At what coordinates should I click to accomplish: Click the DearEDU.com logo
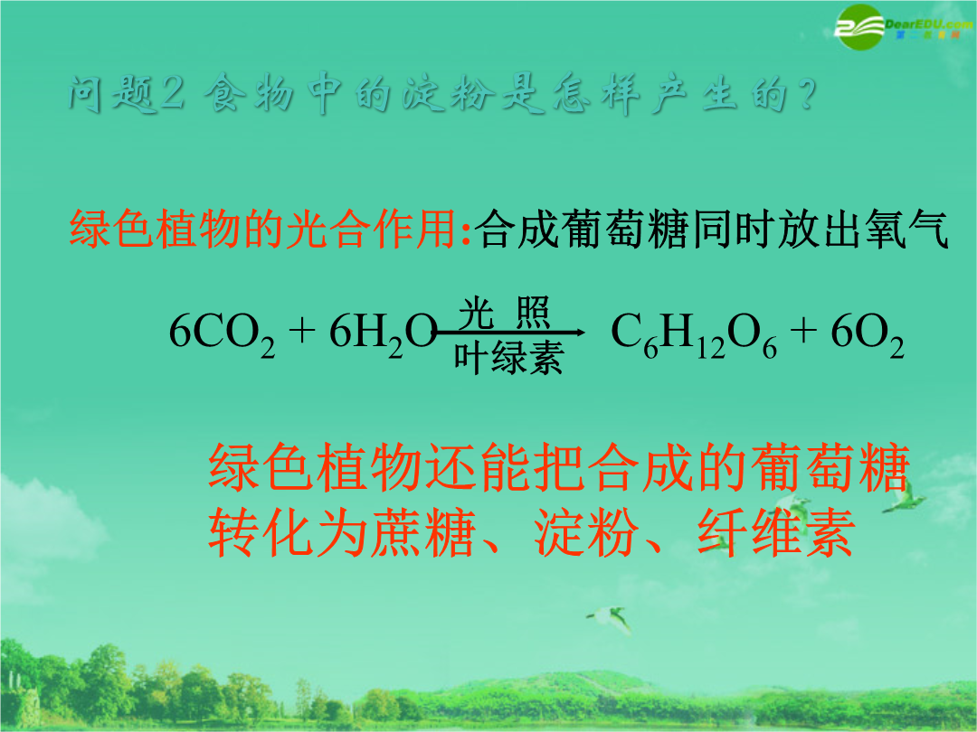pos(904,26)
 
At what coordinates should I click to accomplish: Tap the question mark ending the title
pos(806,95)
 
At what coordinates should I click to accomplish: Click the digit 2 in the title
pos(173,94)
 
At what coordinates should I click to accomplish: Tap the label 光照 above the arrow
pos(504,313)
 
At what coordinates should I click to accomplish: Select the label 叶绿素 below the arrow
pos(508,358)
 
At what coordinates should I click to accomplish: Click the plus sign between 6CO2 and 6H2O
pos(302,331)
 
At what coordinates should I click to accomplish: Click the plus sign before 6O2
pos(804,331)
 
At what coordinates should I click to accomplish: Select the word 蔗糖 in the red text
pos(423,532)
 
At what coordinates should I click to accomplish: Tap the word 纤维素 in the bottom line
pos(776,532)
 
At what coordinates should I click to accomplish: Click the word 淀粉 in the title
pos(449,95)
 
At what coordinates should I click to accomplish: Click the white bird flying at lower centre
pos(610,619)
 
